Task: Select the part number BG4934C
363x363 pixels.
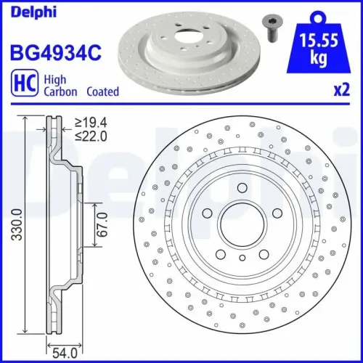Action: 54,52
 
